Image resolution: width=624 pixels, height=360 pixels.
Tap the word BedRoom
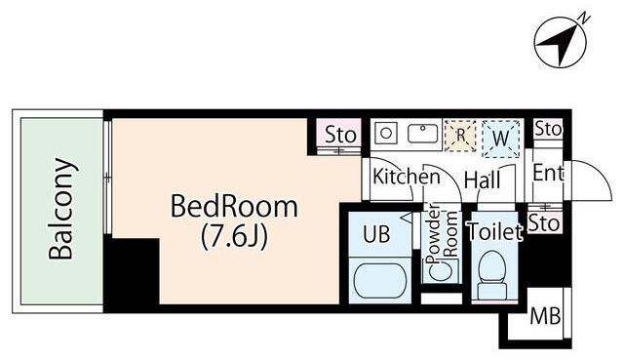click(x=233, y=207)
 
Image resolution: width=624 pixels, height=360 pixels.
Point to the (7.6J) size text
click(x=234, y=235)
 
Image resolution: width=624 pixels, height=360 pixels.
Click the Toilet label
click(x=495, y=231)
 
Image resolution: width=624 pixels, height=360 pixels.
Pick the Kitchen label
click(x=407, y=178)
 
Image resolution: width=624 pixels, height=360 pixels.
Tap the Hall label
click(x=482, y=180)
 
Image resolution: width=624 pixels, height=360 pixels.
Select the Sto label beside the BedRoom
click(x=340, y=135)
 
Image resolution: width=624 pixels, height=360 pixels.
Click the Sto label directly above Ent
click(x=549, y=129)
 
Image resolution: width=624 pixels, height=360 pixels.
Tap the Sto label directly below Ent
click(x=547, y=222)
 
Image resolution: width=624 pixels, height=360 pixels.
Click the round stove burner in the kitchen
click(x=385, y=132)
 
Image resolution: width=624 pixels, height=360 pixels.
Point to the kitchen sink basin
click(x=423, y=133)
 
